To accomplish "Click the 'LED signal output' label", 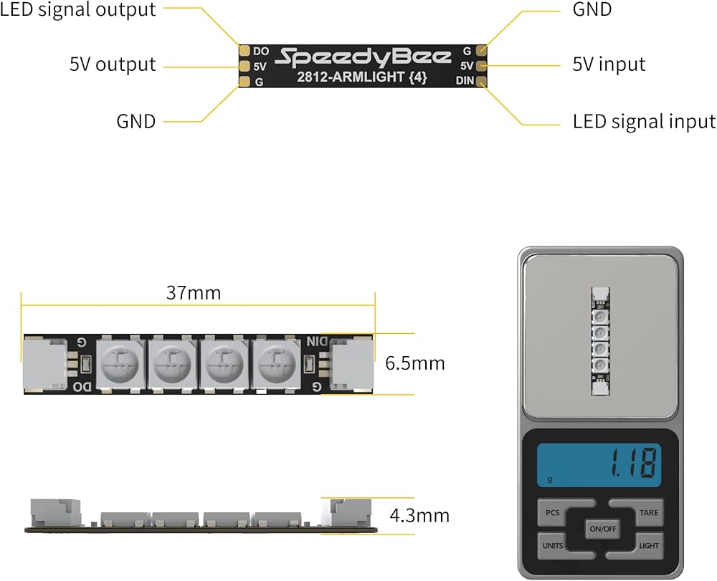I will [78, 10].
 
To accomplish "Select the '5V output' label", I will [113, 64].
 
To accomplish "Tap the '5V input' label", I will [609, 64].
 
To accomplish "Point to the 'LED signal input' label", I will [644, 122].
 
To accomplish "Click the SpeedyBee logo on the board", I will [364, 57].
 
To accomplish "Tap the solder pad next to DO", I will [244, 51].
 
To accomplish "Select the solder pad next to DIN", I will [480, 81].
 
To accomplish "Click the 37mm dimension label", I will [194, 293].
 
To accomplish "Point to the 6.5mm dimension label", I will [415, 363].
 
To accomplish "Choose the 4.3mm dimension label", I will [419, 515].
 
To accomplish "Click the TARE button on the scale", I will [648, 513].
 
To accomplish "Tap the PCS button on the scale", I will [552, 513].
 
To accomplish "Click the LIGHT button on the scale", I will [648, 546].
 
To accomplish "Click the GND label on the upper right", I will [592, 10].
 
